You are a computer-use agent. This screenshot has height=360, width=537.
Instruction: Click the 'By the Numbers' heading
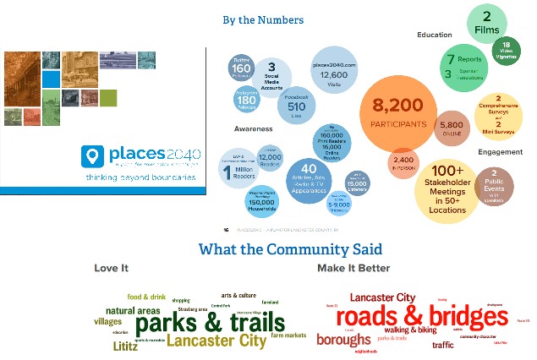[263, 19]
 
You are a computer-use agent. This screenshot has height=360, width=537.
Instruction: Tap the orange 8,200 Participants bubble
[398, 115]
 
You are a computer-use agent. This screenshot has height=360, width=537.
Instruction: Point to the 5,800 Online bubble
[451, 127]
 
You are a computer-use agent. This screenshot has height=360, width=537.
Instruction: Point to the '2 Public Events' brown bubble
[493, 187]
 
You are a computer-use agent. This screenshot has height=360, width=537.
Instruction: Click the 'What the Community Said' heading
[290, 250]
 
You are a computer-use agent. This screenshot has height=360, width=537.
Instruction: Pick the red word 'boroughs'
[343, 340]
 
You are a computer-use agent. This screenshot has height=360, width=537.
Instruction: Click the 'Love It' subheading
[111, 269]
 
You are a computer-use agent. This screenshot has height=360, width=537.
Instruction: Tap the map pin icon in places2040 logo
[91, 156]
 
